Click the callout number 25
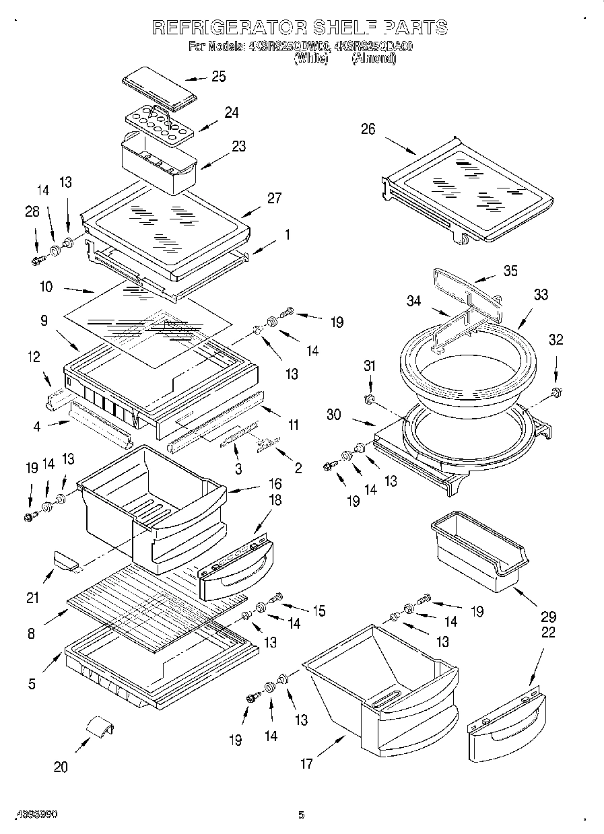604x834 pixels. coord(218,77)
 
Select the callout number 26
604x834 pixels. coord(368,129)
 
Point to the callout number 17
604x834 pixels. coord(306,763)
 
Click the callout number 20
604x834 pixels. coord(61,767)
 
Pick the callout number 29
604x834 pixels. coord(548,616)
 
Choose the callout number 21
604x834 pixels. coord(33,597)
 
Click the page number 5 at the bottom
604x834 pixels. coord(301,815)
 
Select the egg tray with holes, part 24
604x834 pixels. coord(160,124)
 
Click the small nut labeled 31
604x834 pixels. coord(368,401)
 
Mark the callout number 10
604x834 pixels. coord(46,287)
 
